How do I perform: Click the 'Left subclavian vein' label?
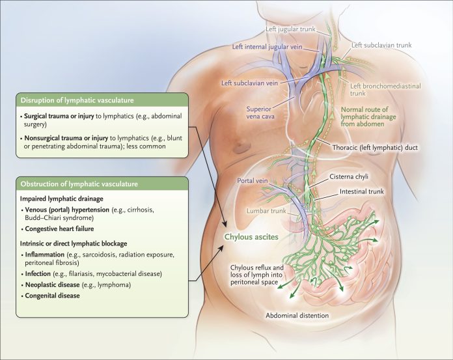coord(251,83)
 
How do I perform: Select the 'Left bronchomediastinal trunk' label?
coord(385,90)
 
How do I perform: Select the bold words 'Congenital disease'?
coord(52,296)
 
